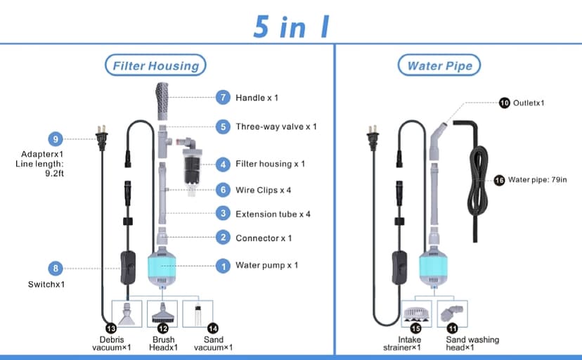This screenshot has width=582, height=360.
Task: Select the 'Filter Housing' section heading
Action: click(x=155, y=66)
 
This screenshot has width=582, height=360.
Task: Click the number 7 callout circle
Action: click(x=223, y=97)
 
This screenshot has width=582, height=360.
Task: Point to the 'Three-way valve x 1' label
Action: click(x=276, y=127)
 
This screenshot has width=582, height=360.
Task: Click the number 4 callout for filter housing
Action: click(x=223, y=164)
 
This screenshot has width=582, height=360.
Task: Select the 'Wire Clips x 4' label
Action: click(x=264, y=189)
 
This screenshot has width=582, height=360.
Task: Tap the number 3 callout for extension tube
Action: click(x=223, y=214)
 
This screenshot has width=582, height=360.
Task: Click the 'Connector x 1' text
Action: click(x=264, y=238)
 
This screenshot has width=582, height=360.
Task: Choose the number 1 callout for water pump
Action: click(x=223, y=266)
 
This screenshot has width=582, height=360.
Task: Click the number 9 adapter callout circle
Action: click(x=56, y=138)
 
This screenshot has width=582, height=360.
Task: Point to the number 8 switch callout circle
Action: click(x=56, y=267)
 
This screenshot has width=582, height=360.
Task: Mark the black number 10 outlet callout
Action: click(x=505, y=103)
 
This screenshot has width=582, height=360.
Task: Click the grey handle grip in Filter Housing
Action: click(x=162, y=102)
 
